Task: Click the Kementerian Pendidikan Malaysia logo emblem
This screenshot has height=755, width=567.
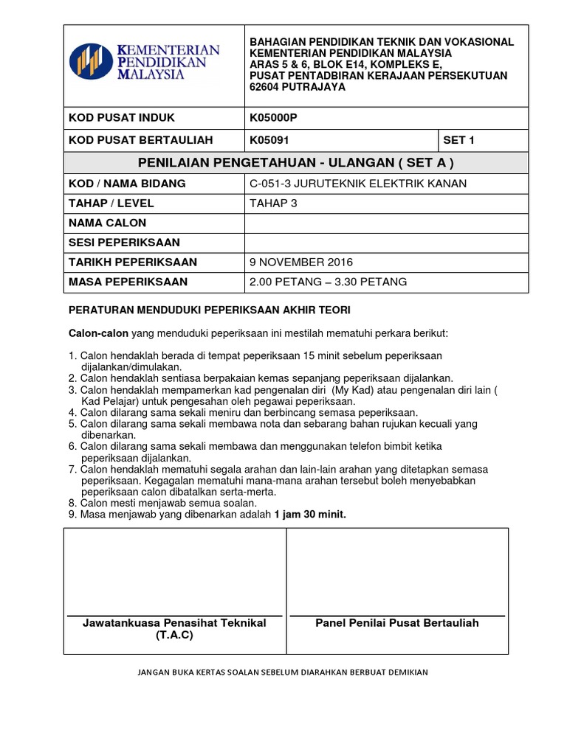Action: pos(92,61)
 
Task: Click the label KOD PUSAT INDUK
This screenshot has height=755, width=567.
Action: pos(122,118)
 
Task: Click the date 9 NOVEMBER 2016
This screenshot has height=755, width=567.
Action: pos(301,262)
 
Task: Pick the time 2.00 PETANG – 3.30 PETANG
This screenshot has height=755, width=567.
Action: pos(329,282)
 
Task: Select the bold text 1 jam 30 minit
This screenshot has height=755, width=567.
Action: pos(310,515)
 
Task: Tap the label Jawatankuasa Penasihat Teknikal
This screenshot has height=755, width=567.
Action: pos(174,623)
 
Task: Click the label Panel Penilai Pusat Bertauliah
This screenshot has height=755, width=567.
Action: pos(397,623)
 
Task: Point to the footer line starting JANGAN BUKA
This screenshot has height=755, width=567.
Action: pos(283,672)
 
